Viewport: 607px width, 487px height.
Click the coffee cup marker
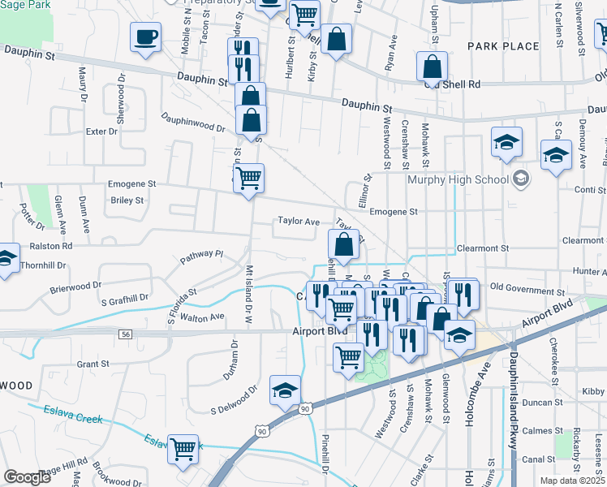pos(145,37)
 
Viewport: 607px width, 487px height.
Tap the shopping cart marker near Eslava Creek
pos(183,448)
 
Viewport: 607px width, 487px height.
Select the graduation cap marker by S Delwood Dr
pos(285,391)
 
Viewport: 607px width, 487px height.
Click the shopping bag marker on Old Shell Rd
pos(433,67)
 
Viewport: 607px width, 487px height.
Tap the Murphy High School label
pos(458,179)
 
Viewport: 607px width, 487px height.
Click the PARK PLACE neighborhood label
pos(503,46)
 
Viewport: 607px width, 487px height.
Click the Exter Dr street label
pos(102,131)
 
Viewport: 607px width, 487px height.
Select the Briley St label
pos(127,200)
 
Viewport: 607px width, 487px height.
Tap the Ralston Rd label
pos(51,245)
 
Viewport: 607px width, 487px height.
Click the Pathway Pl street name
pos(201,254)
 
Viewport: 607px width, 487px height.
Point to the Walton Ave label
pos(202,317)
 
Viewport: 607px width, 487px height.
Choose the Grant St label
pos(93,364)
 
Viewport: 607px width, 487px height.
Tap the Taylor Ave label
pos(299,221)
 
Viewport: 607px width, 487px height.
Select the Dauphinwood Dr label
pos(192,122)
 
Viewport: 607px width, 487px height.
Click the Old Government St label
pos(527,288)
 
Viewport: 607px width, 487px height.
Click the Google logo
pos(28,477)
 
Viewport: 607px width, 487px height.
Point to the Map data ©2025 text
pos(573,481)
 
